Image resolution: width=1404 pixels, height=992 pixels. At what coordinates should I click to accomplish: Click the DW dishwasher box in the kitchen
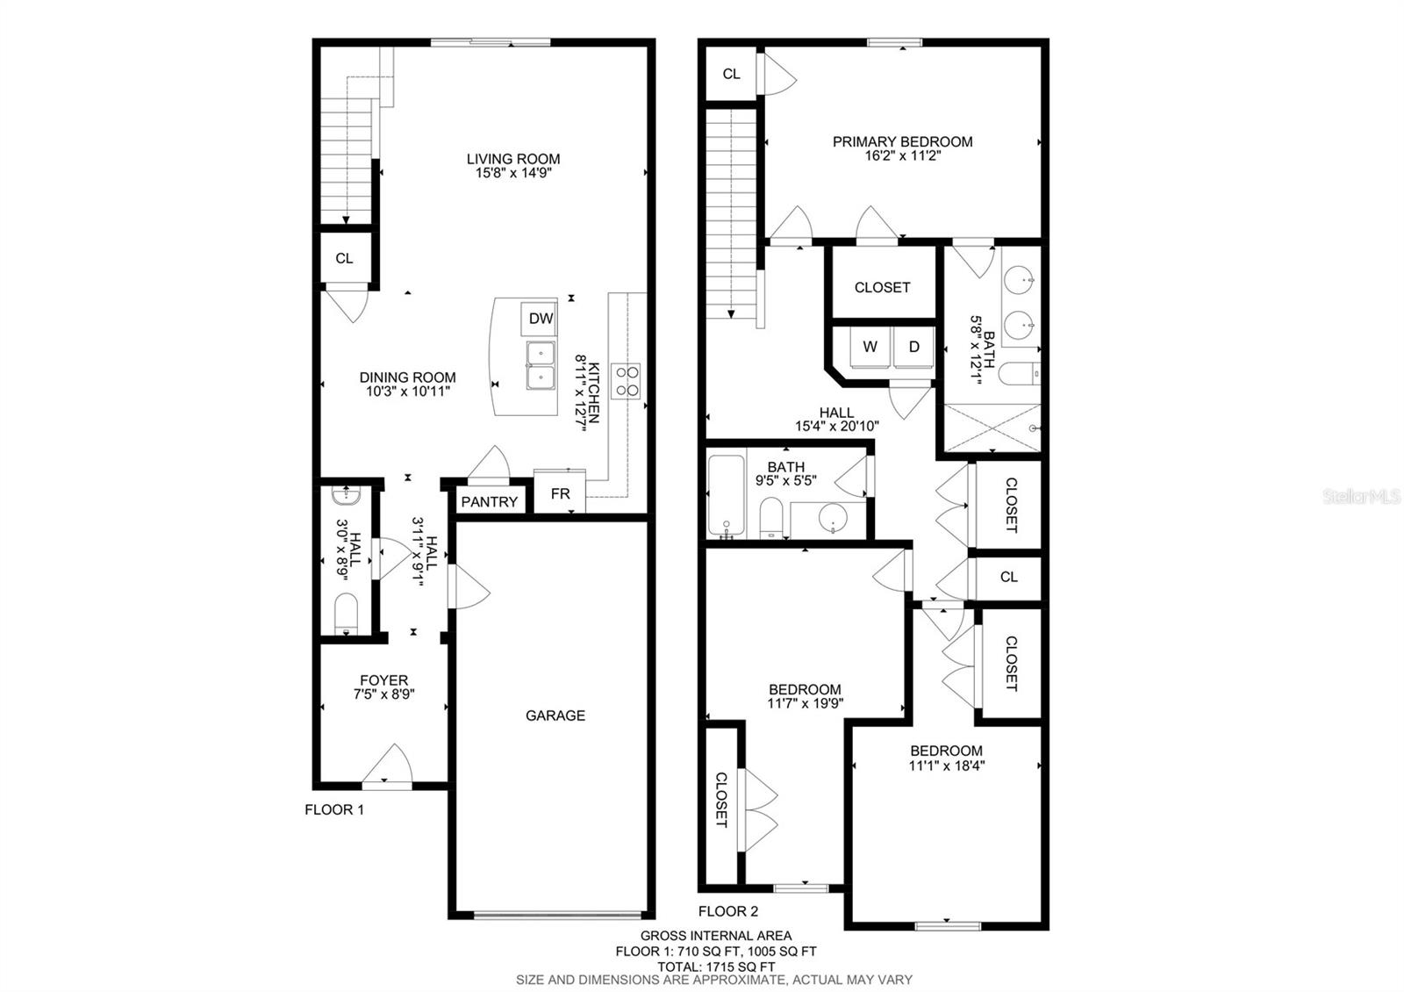point(540,320)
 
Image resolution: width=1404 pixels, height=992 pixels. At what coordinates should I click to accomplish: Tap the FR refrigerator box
point(560,494)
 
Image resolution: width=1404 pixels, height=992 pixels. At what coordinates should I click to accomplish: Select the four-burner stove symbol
point(627,381)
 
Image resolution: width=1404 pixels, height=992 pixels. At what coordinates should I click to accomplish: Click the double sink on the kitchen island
point(541,365)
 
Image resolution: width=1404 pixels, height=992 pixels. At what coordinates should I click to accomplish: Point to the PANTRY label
point(489,502)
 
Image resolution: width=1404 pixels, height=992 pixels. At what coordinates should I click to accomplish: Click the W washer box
point(870,347)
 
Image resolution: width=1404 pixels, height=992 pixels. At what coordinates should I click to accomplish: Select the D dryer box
point(913,347)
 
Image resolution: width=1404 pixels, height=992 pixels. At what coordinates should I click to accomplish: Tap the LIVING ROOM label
point(513,159)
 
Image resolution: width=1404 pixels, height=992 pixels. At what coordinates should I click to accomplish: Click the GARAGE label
point(555,715)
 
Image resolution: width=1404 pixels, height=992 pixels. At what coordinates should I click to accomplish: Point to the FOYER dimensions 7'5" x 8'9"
point(383,694)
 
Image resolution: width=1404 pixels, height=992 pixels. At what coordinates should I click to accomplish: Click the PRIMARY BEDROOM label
point(902,141)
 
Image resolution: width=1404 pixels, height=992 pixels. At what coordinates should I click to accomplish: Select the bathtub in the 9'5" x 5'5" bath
point(726,496)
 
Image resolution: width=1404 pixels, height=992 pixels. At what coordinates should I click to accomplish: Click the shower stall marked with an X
point(992,428)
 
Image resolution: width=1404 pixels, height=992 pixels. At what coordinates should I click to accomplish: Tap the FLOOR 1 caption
point(334,809)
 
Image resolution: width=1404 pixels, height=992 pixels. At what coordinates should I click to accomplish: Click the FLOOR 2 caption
point(727,911)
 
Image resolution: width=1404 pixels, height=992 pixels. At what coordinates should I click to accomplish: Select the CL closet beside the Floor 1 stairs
point(344,258)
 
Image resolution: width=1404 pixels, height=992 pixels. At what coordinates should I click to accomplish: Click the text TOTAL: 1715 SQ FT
point(715,966)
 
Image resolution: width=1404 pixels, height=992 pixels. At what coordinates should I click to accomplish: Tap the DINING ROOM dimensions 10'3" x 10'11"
point(408,392)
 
